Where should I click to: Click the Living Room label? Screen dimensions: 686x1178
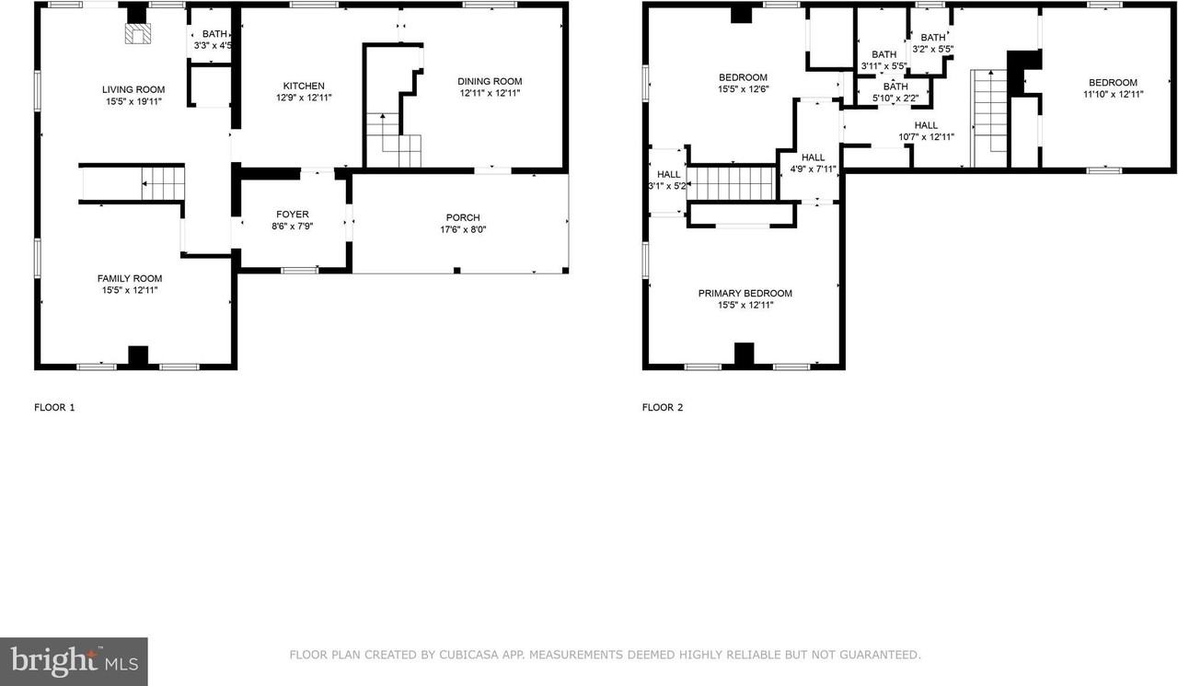(133, 89)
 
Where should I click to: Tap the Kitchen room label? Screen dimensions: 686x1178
(303, 86)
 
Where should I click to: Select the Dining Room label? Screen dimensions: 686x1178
(490, 81)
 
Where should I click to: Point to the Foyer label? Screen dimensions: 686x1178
(293, 215)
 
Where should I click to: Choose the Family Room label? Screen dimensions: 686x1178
(130, 278)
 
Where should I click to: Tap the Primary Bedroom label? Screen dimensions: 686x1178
(745, 293)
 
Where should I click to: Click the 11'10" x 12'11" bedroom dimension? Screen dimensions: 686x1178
(1112, 94)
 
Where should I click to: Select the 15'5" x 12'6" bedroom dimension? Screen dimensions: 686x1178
(743, 89)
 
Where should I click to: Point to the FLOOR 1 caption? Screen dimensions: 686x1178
(54, 407)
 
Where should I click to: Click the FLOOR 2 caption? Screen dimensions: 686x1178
(663, 407)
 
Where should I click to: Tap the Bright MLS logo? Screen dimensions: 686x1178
(74, 661)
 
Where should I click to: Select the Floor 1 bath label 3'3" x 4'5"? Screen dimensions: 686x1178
(212, 45)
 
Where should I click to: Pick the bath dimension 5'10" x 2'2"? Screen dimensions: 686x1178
(895, 98)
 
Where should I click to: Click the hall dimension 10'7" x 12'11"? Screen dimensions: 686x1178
(926, 137)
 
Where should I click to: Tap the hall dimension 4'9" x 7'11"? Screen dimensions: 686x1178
(813, 169)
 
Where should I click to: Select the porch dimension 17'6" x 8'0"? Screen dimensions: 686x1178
(463, 229)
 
